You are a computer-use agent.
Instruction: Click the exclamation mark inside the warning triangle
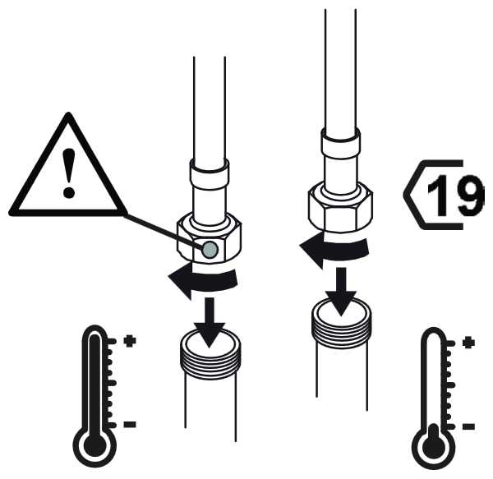pos(68,173)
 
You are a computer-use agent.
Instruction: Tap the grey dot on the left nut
pos(210,250)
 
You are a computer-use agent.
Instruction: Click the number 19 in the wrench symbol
pos(455,195)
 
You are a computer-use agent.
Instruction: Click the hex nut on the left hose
pos(210,238)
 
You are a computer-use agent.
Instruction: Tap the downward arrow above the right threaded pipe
pos(341,292)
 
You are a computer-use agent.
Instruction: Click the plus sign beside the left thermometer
pos(130,341)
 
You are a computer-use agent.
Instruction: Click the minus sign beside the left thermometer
pos(130,425)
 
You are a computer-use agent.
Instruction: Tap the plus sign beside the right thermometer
pos(468,343)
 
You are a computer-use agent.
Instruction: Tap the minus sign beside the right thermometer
pos(468,426)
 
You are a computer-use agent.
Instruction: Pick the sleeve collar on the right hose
pos(340,143)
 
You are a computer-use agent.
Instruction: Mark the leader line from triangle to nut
pos(164,232)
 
